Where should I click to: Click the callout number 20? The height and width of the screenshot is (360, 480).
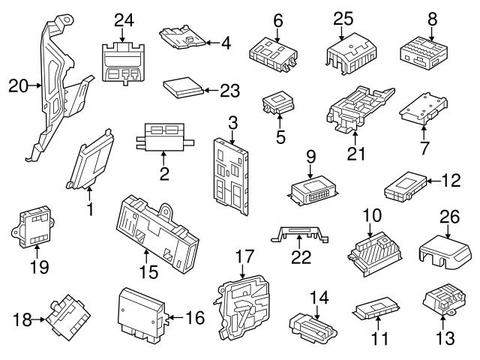pyautogui.click(x=17, y=87)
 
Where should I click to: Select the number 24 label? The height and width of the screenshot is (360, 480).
pyautogui.click(x=122, y=19)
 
